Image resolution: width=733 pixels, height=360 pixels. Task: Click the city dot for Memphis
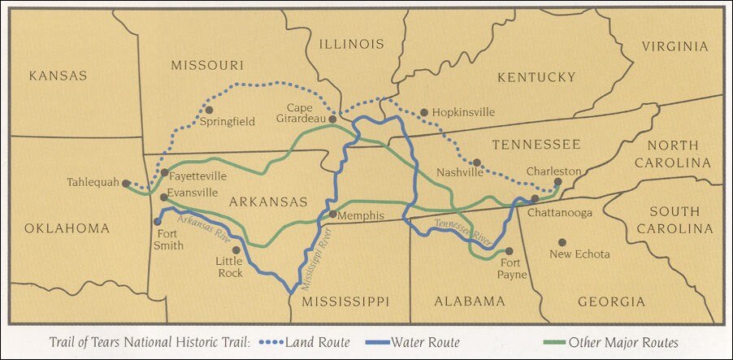(332, 214)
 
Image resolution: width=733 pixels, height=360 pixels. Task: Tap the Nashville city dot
(477, 163)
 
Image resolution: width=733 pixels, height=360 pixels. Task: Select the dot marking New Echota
(562, 242)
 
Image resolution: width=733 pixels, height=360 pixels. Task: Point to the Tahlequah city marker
(126, 184)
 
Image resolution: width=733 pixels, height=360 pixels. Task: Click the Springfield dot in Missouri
(209, 110)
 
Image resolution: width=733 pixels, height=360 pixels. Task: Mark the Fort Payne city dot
(509, 251)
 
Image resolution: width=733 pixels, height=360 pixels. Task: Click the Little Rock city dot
(236, 250)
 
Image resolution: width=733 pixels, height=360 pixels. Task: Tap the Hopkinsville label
(462, 112)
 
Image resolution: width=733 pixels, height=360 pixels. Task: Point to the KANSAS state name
(58, 76)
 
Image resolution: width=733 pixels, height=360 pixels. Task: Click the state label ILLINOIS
(351, 44)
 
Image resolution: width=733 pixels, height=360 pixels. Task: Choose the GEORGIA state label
(605, 301)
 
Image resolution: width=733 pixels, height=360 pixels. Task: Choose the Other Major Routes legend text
(623, 343)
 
